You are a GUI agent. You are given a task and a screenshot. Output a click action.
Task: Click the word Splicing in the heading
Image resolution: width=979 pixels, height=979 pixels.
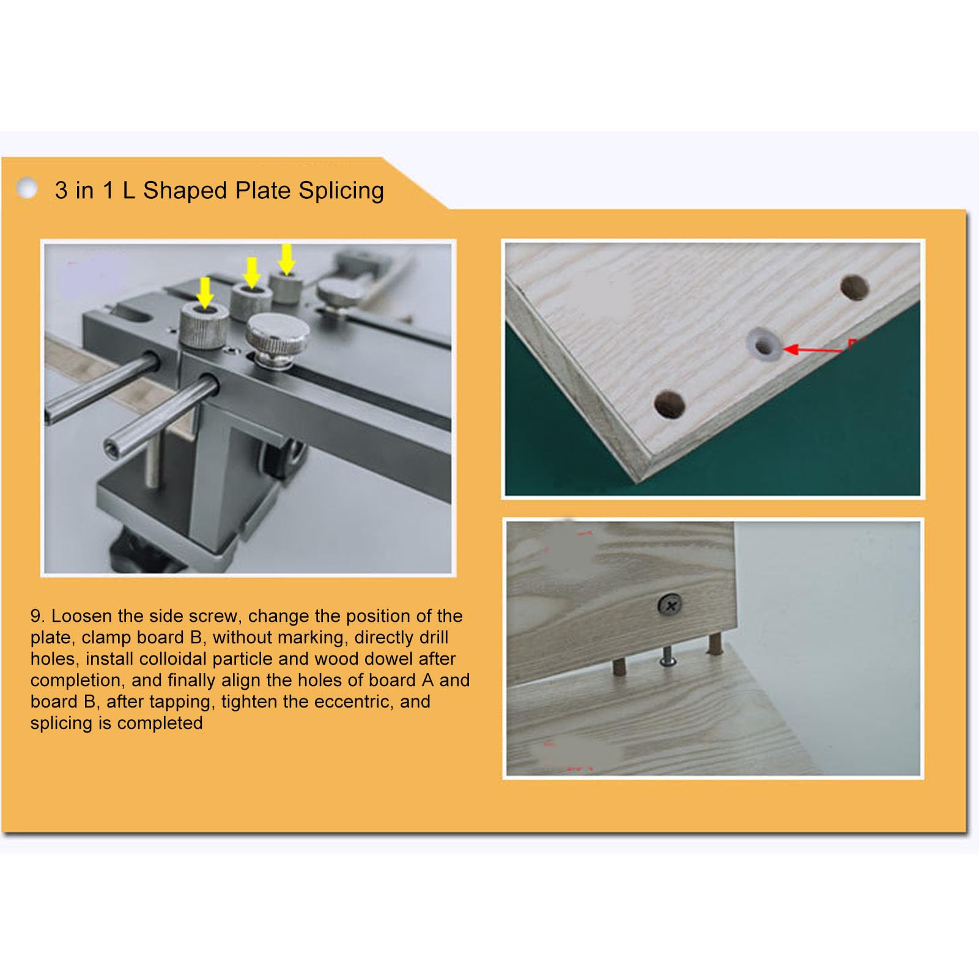341,191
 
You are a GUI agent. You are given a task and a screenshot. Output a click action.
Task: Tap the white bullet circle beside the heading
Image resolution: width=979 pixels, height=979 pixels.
27,188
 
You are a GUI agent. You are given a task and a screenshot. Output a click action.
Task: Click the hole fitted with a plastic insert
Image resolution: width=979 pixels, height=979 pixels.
764,344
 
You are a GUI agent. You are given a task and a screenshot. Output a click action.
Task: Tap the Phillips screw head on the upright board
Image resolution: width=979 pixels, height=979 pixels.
670,605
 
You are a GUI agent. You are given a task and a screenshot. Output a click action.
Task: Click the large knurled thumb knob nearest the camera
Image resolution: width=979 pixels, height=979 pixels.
278,339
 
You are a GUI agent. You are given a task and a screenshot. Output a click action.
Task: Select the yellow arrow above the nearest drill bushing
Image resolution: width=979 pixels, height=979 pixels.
205,292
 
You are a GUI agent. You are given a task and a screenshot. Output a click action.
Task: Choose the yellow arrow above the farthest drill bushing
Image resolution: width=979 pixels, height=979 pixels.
286,258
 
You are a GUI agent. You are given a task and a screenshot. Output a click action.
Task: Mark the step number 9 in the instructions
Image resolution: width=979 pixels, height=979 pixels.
37,616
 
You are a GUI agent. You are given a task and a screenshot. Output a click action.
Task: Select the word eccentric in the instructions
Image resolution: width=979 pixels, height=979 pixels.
353,701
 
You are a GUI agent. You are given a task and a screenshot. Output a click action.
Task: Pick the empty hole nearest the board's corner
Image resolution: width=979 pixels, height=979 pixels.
669,404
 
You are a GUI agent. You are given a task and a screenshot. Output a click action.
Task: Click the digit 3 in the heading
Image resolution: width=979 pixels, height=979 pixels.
61,191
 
